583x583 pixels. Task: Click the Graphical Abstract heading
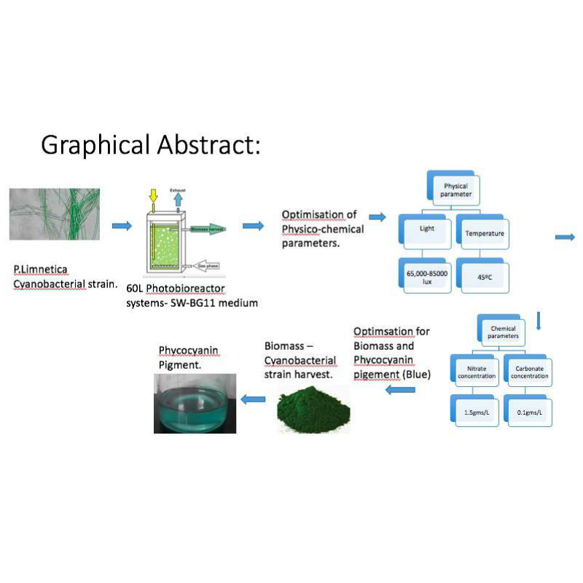tap(150, 144)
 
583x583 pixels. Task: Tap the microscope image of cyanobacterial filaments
tap(55, 215)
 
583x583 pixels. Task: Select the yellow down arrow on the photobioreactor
tap(153, 196)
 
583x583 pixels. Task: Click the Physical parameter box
tap(456, 191)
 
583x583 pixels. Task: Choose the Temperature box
tap(480, 235)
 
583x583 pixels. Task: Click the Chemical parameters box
tap(502, 332)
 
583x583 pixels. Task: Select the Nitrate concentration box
tap(477, 372)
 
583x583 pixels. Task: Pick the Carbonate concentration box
tap(528, 372)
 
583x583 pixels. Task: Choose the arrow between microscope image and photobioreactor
tap(122, 226)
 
